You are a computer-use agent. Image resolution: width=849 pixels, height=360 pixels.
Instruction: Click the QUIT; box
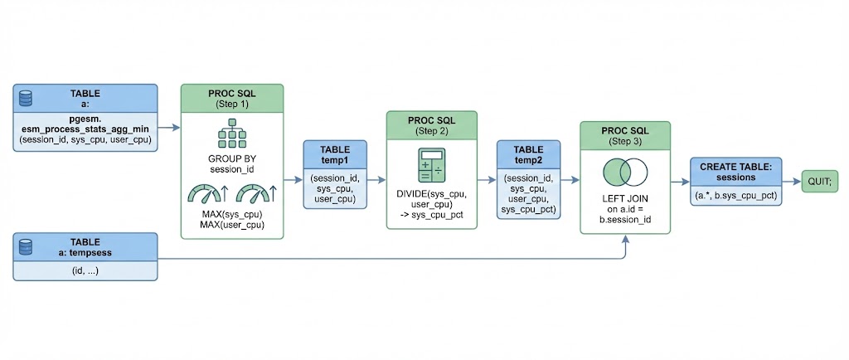pyautogui.click(x=822, y=180)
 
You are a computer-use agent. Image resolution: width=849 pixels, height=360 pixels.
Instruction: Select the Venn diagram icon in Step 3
pyautogui.click(x=624, y=173)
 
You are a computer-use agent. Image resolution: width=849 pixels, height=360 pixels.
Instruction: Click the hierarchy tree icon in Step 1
pyautogui.click(x=232, y=134)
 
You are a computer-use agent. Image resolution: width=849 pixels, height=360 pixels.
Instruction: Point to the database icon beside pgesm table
pyautogui.click(x=26, y=98)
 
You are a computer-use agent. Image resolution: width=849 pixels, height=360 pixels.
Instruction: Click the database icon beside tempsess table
pyautogui.click(x=26, y=246)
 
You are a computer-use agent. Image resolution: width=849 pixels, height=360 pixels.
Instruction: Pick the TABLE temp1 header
pyautogui.click(x=335, y=154)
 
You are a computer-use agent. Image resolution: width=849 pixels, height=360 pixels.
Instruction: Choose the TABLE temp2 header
pyautogui.click(x=528, y=154)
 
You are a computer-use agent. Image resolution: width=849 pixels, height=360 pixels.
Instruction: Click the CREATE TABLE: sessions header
pyautogui.click(x=735, y=172)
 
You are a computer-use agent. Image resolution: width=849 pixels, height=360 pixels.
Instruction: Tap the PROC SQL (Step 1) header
pyautogui.click(x=232, y=98)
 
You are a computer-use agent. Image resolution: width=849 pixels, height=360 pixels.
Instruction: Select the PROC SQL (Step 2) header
pyautogui.click(x=432, y=126)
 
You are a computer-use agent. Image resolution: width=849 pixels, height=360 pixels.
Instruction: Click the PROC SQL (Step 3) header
pyautogui.click(x=624, y=135)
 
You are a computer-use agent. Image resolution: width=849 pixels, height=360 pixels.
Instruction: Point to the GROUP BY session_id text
pyautogui.click(x=232, y=163)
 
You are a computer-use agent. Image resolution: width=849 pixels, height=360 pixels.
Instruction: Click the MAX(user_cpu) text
pyautogui.click(x=232, y=224)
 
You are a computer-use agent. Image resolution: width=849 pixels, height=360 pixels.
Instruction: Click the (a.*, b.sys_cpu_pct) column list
pyautogui.click(x=735, y=196)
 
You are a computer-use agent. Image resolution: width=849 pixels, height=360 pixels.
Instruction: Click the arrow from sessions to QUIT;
pyautogui.click(x=790, y=180)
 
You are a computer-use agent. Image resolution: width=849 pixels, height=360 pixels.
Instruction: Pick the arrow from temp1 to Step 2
pyautogui.click(x=376, y=179)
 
